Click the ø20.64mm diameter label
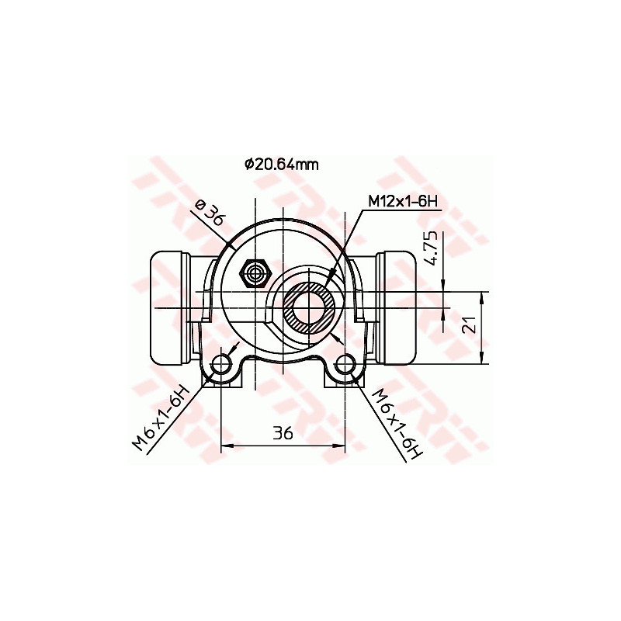[x=280, y=164]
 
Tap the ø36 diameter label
[x=209, y=213]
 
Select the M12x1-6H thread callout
[x=403, y=202]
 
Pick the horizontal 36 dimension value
[x=283, y=433]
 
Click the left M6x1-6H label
[x=161, y=418]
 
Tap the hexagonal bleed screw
[x=255, y=272]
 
